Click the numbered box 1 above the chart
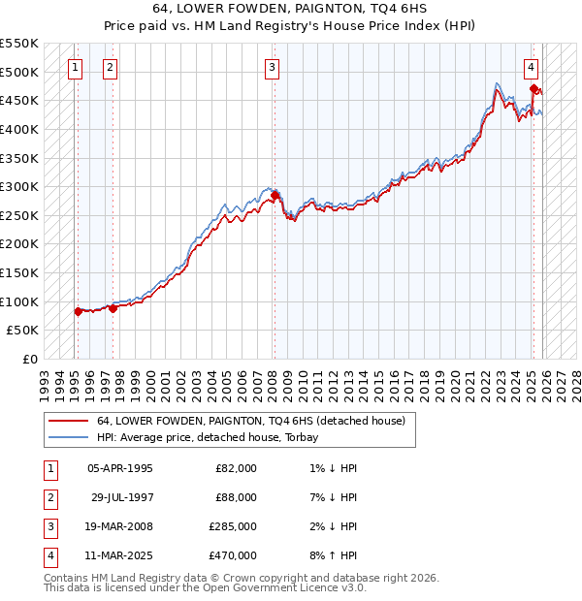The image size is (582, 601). (76, 67)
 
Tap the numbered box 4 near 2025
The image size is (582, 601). (533, 67)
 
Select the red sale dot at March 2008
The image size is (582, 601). (275, 196)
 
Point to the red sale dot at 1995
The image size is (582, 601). (78, 311)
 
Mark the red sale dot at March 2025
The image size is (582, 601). (533, 89)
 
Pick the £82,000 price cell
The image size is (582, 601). (236, 467)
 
